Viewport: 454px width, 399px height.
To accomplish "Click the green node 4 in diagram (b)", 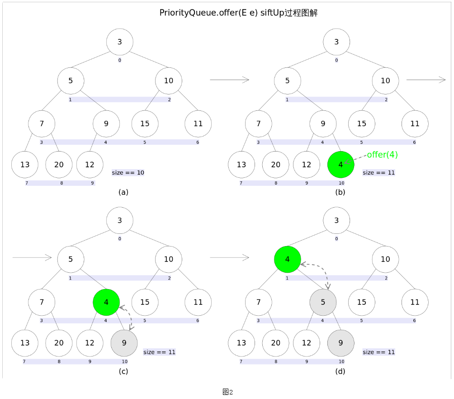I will [x=340, y=165].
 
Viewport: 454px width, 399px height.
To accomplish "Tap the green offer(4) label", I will [x=382, y=155].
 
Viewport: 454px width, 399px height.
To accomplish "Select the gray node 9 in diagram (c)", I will [x=124, y=343].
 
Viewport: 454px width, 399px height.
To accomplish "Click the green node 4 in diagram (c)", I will [x=106, y=302].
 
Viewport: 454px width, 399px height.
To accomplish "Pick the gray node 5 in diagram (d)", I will [x=323, y=302].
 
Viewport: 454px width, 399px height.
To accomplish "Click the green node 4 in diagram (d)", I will [x=288, y=260].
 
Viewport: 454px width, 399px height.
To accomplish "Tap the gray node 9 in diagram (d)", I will [x=340, y=343].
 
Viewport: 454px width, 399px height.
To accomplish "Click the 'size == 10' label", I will [x=128, y=172].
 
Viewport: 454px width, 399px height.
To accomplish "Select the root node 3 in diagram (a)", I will [x=120, y=42].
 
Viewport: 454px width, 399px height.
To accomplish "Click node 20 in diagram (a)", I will [x=59, y=165].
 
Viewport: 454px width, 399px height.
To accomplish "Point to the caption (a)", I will [x=123, y=192].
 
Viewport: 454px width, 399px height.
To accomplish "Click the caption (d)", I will [x=340, y=371].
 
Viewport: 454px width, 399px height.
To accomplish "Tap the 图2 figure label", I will [x=227, y=392].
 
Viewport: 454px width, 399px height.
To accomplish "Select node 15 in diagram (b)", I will [x=362, y=123].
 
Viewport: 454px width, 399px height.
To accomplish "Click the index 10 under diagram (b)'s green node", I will [x=341, y=183].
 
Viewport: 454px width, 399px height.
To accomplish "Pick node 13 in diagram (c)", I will [x=25, y=343].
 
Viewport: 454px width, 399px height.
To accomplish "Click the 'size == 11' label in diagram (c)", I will [x=159, y=352].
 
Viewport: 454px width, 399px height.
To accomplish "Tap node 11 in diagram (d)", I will [x=415, y=302].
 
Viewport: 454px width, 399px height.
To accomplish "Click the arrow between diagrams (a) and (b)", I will [x=230, y=80].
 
